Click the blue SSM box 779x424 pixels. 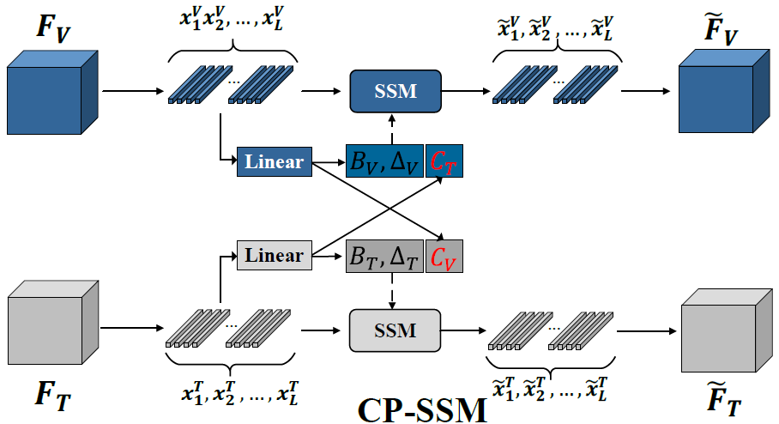[x=395, y=90]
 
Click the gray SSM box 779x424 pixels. [x=395, y=330]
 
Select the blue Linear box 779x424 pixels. [x=273, y=161]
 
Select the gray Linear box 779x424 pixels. [x=273, y=256]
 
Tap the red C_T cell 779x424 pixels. [x=444, y=161]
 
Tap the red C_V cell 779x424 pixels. [x=444, y=256]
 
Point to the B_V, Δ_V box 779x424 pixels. [x=384, y=161]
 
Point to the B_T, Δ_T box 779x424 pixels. [x=384, y=256]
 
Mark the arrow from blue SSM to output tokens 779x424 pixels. [x=463, y=89]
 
